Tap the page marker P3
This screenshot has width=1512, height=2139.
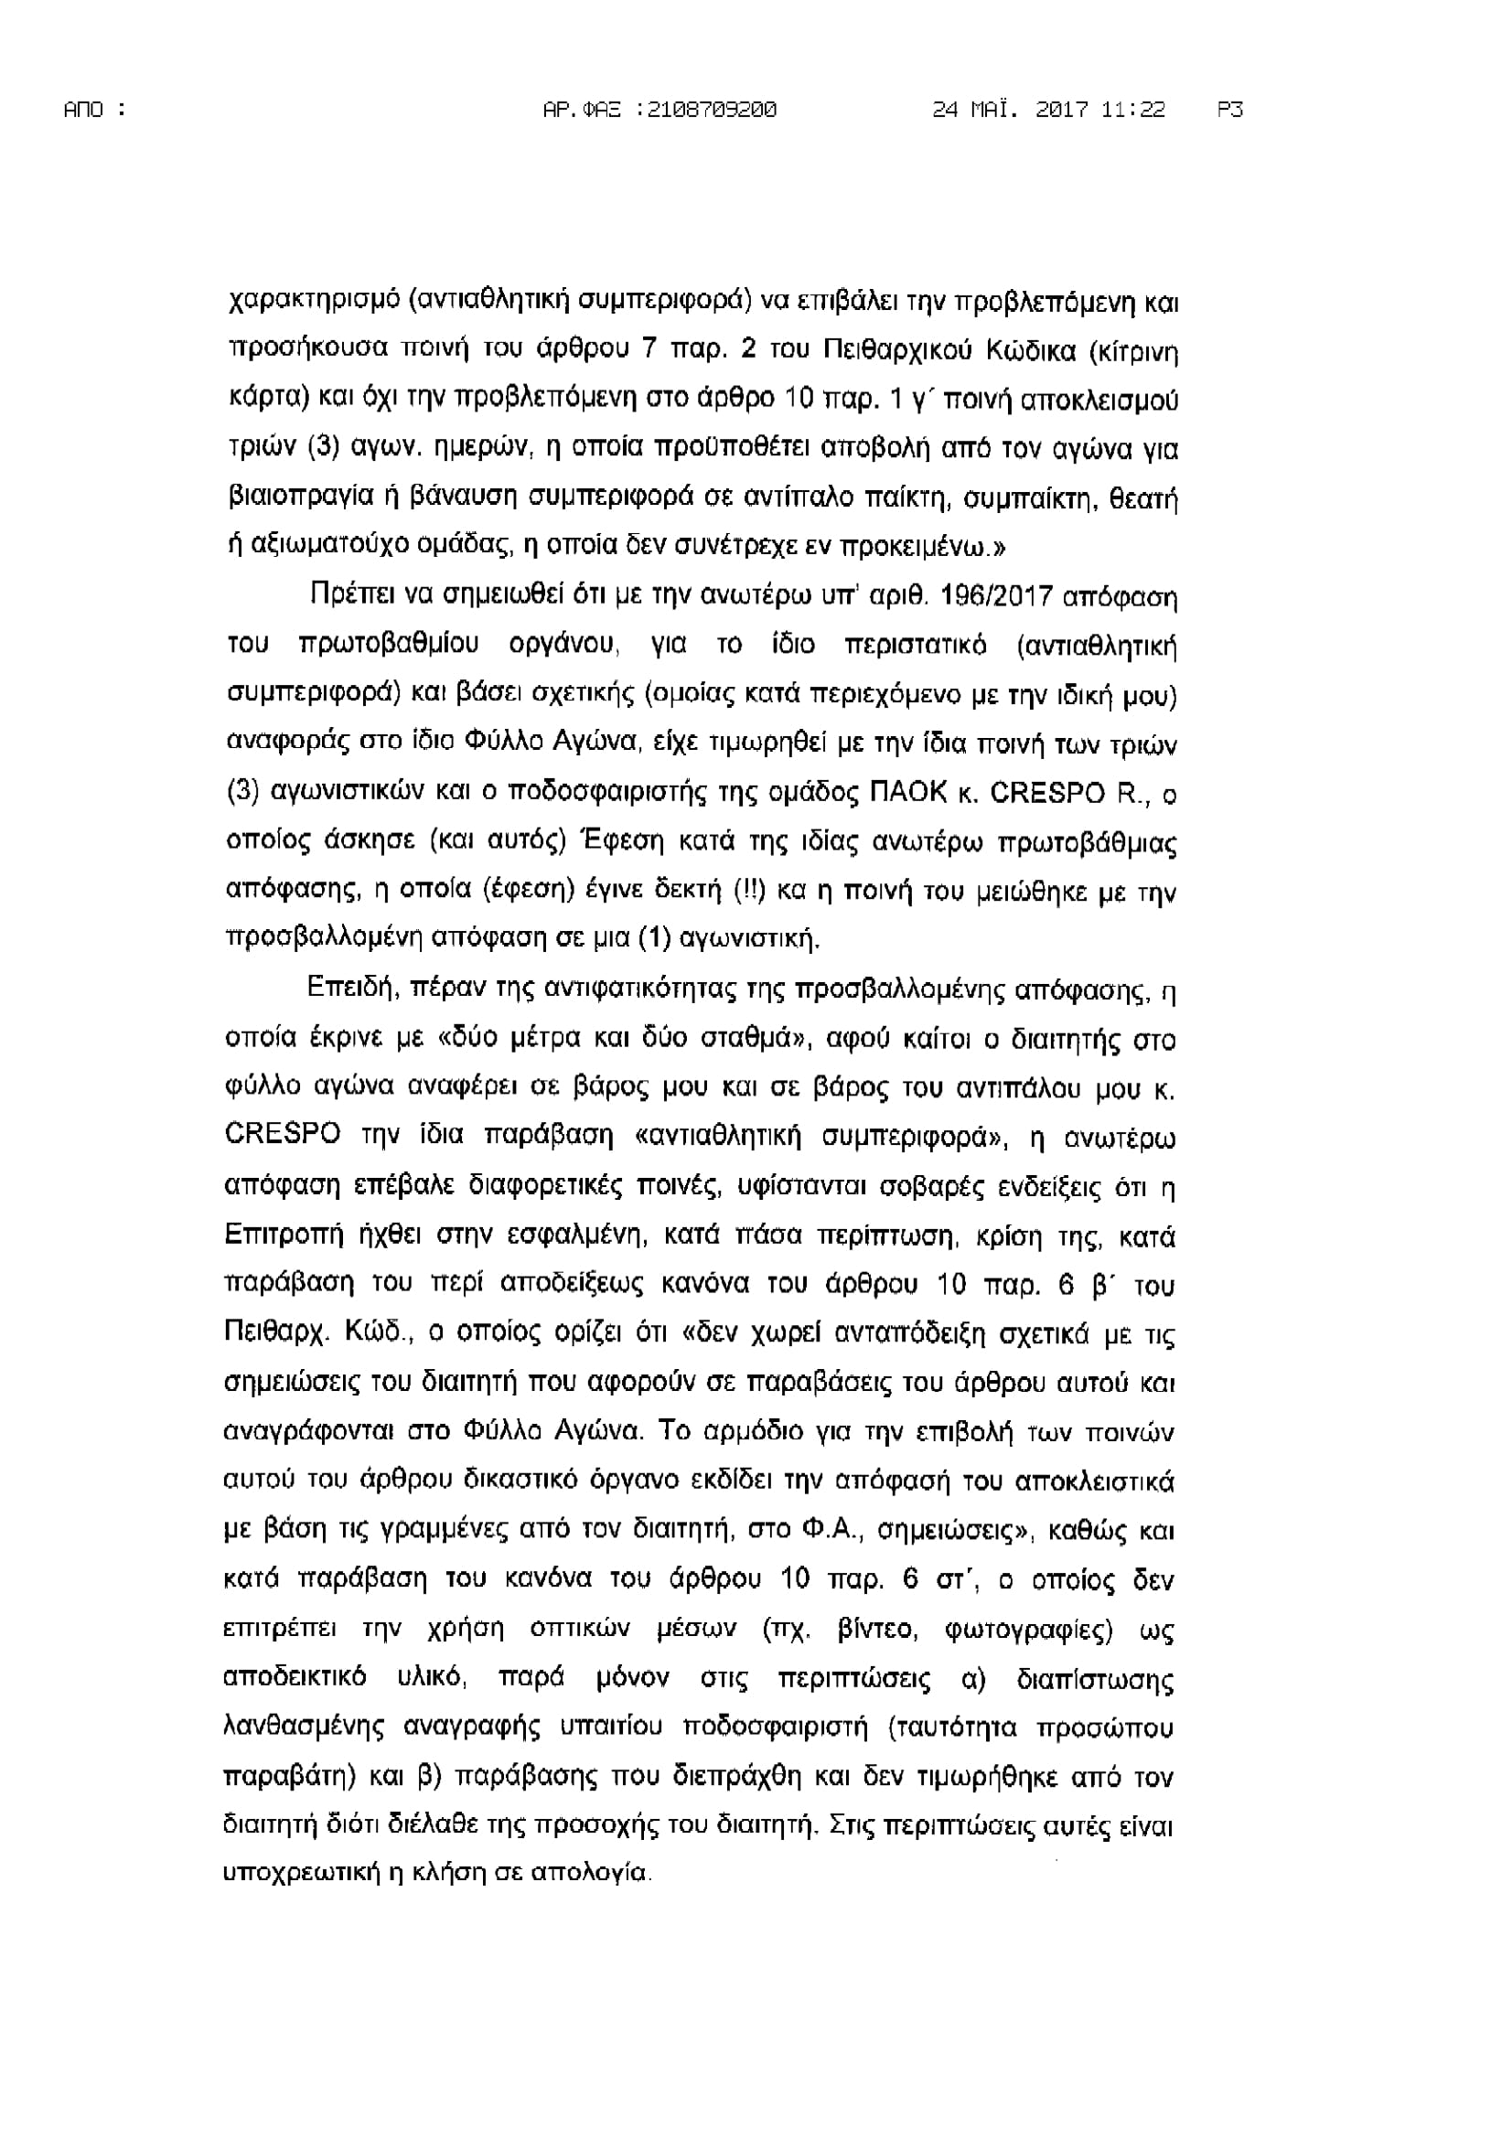[x=1229, y=110]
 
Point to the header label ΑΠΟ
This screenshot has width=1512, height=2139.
[x=84, y=110]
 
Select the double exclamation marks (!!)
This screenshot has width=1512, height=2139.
[x=749, y=891]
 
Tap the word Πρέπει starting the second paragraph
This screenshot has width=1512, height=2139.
[x=346, y=596]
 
